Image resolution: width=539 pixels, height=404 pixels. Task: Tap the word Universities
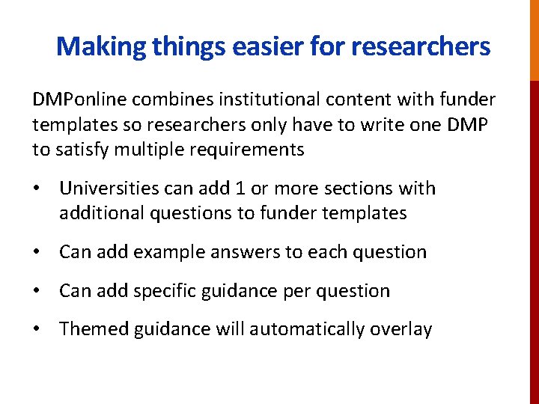coord(110,189)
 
